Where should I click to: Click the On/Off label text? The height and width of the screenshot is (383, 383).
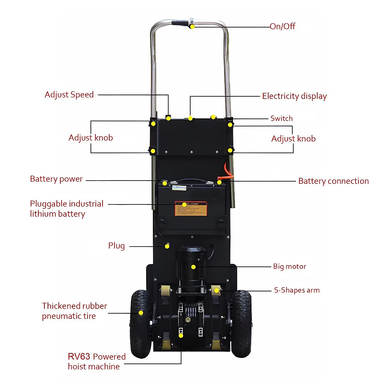coord(282,26)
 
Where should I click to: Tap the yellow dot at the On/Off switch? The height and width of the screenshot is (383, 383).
coord(192,26)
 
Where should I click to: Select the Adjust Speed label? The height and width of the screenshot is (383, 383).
coord(69,95)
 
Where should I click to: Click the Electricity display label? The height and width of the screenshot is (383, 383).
coord(294,96)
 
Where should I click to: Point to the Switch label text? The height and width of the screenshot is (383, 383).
coord(282,118)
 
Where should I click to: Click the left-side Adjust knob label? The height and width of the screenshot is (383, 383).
coord(91,138)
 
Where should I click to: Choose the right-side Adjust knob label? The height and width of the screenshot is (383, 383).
coord(293,139)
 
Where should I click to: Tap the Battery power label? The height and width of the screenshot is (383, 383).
coord(56,179)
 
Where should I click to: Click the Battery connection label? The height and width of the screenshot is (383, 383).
coord(333,181)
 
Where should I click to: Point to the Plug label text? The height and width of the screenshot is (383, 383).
coord(116,246)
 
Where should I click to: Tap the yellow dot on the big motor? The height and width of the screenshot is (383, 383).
coord(193,267)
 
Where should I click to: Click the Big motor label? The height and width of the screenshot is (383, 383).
coord(289,267)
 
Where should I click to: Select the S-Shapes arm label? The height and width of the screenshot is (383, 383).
coord(297,290)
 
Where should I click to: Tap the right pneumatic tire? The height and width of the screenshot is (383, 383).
coord(242,322)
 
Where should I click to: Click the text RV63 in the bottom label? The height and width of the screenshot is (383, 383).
coord(79,357)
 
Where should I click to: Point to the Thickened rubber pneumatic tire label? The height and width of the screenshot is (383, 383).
coord(74,311)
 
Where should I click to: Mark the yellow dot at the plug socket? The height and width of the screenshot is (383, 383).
coord(167,246)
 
